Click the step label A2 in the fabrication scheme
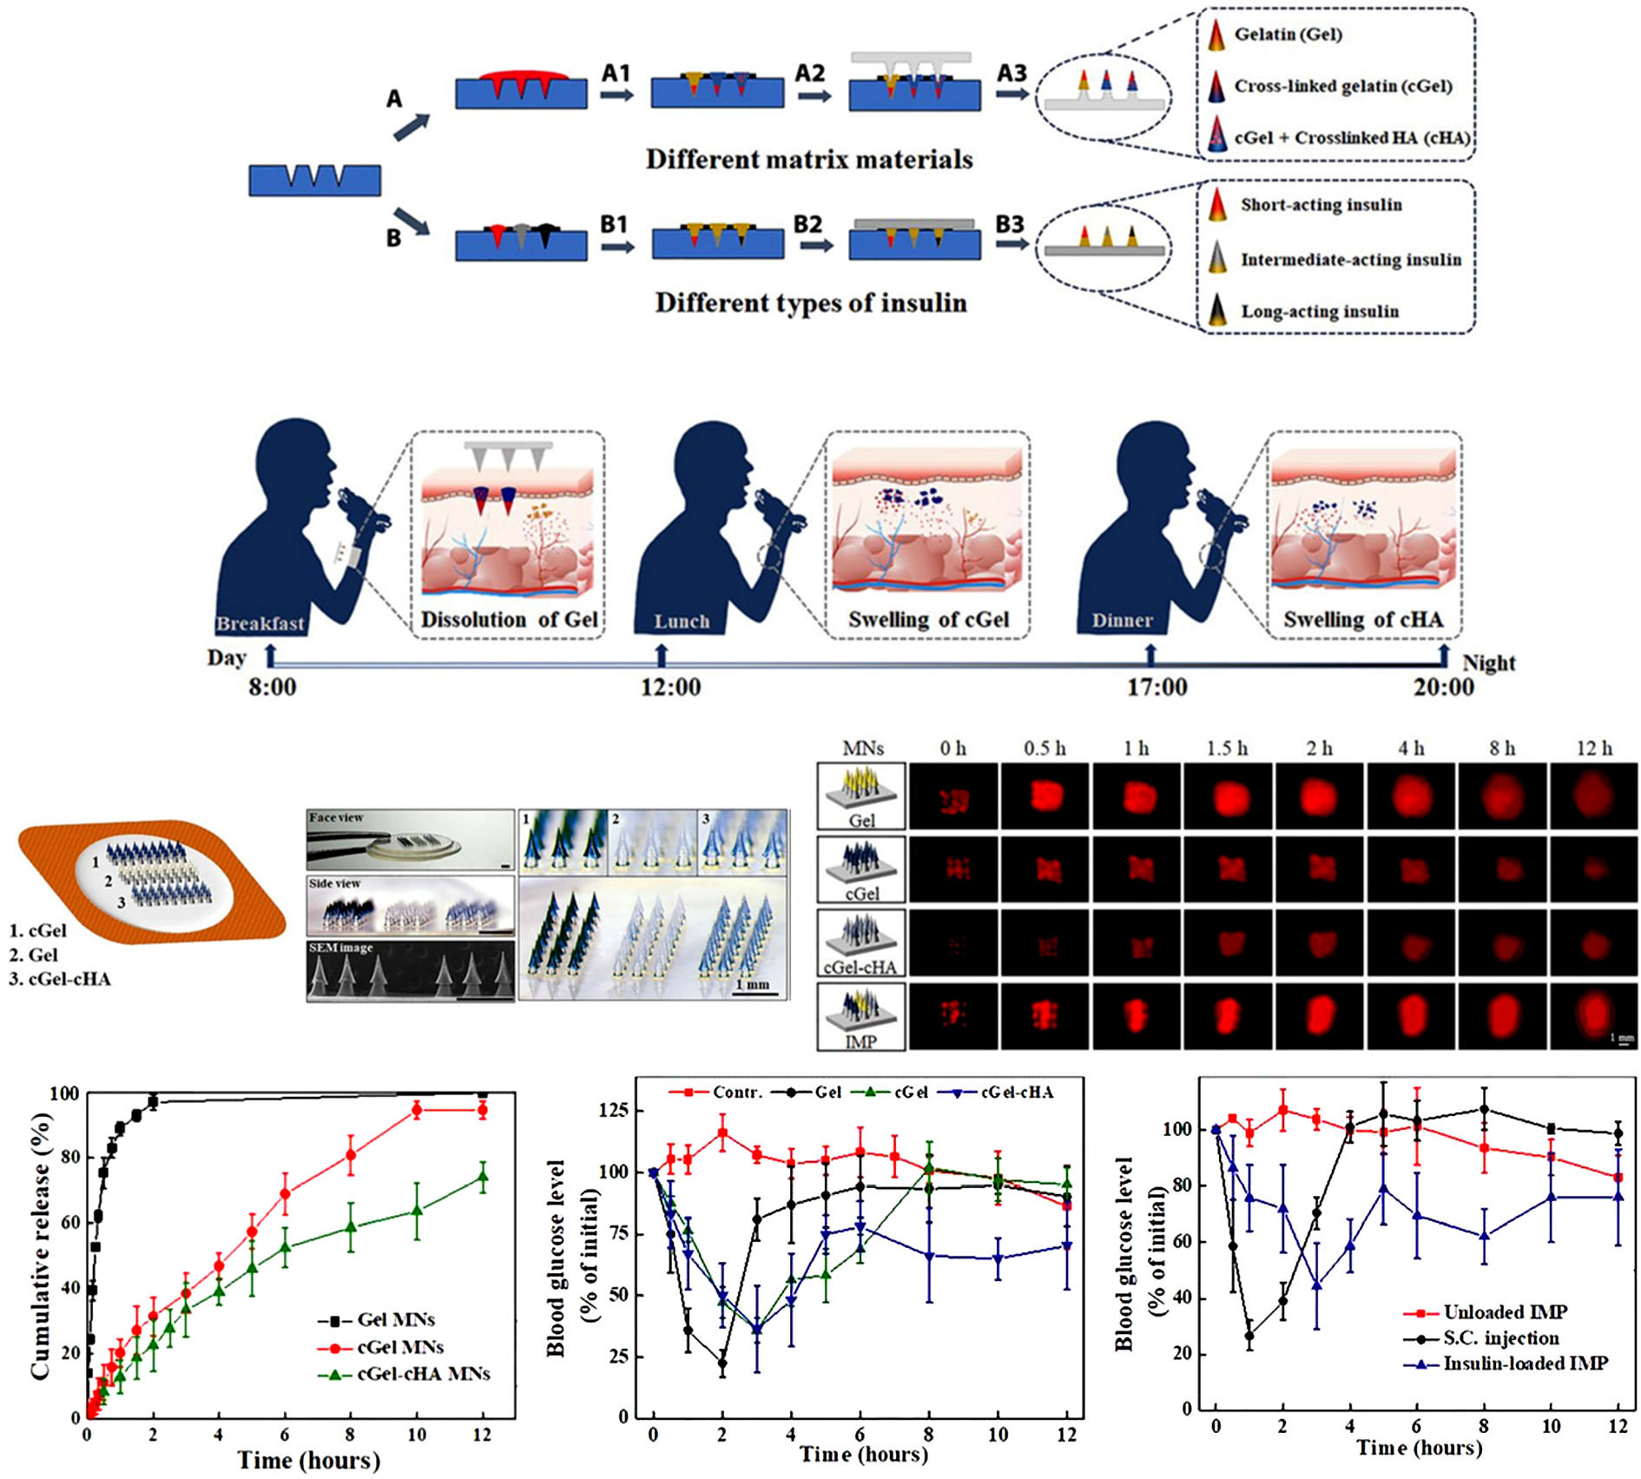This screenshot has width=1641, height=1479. [809, 73]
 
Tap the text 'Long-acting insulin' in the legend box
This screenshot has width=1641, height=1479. [1319, 312]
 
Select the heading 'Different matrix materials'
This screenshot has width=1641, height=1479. [809, 160]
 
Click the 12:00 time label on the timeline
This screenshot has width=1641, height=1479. [670, 687]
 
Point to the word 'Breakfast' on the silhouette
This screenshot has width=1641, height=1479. [260, 624]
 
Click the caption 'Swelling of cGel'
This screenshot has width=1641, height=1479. [928, 619]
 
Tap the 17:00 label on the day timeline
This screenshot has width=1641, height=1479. [1157, 687]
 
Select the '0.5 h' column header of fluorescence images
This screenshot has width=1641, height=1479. [1045, 749]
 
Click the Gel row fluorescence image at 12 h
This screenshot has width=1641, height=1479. [1593, 796]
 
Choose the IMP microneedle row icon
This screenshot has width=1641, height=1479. [861, 1017]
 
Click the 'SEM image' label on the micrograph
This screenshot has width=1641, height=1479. [340, 947]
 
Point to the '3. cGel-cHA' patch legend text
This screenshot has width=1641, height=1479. [60, 980]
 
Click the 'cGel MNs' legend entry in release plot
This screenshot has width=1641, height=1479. [400, 1347]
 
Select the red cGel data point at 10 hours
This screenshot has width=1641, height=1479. [417, 1110]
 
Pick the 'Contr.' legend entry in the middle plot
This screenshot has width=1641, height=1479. [737, 1093]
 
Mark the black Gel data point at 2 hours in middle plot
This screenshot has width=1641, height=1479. [722, 1363]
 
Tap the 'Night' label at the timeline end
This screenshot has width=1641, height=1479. [1488, 663]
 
